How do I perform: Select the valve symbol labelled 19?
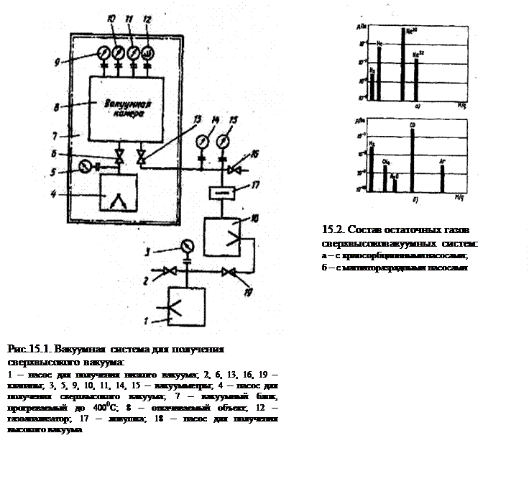[229, 273]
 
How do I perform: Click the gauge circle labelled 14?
[202, 139]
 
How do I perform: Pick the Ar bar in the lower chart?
[442, 180]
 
